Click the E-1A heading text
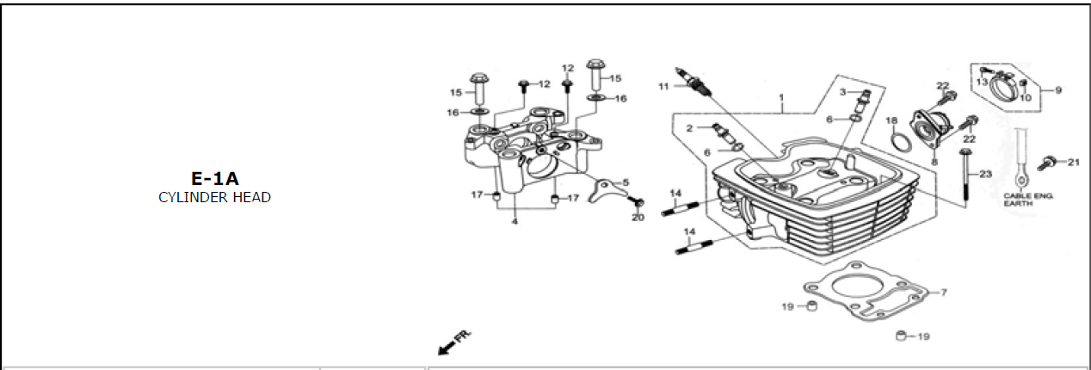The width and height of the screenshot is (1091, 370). tap(215, 179)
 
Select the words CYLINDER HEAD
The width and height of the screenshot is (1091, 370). tap(215, 197)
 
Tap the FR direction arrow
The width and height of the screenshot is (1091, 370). tap(454, 343)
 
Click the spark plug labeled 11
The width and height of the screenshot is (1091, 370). tap(693, 83)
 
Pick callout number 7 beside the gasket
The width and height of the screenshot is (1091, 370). tap(943, 292)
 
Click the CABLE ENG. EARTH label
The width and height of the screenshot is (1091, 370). tap(1027, 199)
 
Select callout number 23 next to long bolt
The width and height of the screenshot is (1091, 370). tap(985, 174)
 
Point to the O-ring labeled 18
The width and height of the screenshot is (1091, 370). tap(901, 142)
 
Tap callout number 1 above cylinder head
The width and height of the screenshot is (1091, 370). tap(781, 97)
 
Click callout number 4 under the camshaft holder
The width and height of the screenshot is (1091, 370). tap(515, 221)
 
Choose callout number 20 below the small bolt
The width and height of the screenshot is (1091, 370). tap(638, 217)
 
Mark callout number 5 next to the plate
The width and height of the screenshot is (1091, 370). tap(626, 182)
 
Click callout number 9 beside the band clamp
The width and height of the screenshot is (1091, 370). tap(1058, 89)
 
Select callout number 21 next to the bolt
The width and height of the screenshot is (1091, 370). tap(1074, 162)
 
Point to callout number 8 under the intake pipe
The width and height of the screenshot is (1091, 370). tap(934, 162)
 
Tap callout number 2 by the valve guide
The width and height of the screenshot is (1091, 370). tap(689, 128)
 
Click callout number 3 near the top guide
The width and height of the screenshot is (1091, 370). tap(842, 91)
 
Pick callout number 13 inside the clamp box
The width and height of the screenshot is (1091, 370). tap(982, 82)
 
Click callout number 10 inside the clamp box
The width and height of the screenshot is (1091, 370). tap(1026, 97)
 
